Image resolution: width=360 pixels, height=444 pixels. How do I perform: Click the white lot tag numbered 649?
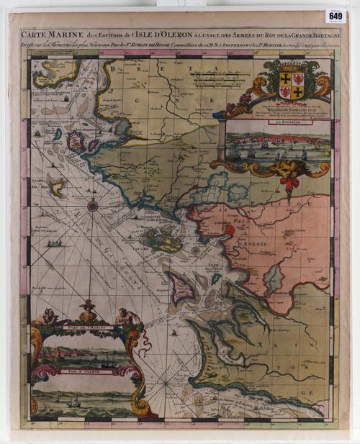(x=335, y=15)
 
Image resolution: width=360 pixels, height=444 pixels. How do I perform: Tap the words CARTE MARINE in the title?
(x=46, y=33)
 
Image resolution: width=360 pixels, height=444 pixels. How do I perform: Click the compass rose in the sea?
(x=93, y=207)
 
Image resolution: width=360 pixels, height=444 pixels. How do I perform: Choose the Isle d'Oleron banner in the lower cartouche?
(x=78, y=371)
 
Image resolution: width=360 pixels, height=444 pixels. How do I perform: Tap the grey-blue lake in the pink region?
(x=274, y=277)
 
